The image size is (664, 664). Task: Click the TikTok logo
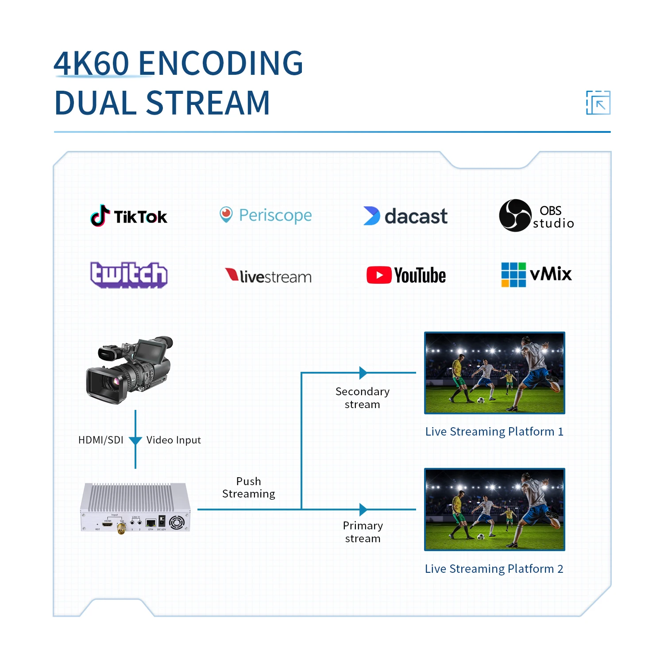pyautogui.click(x=129, y=216)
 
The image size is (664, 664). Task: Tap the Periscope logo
pyautogui.click(x=266, y=215)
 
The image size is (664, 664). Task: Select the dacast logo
pyautogui.click(x=405, y=216)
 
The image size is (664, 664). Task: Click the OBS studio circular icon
pyautogui.click(x=515, y=216)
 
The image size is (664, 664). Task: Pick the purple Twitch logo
pyautogui.click(x=129, y=275)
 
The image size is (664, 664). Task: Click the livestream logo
pyautogui.click(x=268, y=276)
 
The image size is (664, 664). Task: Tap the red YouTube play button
pyautogui.click(x=379, y=275)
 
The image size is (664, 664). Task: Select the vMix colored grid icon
pyautogui.click(x=513, y=274)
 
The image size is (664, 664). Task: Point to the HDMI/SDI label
pyautogui.click(x=101, y=440)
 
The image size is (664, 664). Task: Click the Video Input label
pyautogui.click(x=174, y=440)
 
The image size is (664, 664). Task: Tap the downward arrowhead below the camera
pyautogui.click(x=135, y=440)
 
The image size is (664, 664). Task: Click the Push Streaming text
pyautogui.click(x=248, y=487)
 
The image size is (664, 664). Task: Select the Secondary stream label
pyautogui.click(x=363, y=398)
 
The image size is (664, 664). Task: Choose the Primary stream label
pyautogui.click(x=363, y=532)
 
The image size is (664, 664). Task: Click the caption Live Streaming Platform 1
pyautogui.click(x=494, y=432)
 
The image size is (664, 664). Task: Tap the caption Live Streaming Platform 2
pyautogui.click(x=494, y=569)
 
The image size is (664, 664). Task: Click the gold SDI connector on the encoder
pyautogui.click(x=121, y=528)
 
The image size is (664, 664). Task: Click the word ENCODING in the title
pyautogui.click(x=220, y=63)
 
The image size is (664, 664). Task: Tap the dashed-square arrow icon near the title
pyautogui.click(x=598, y=103)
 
